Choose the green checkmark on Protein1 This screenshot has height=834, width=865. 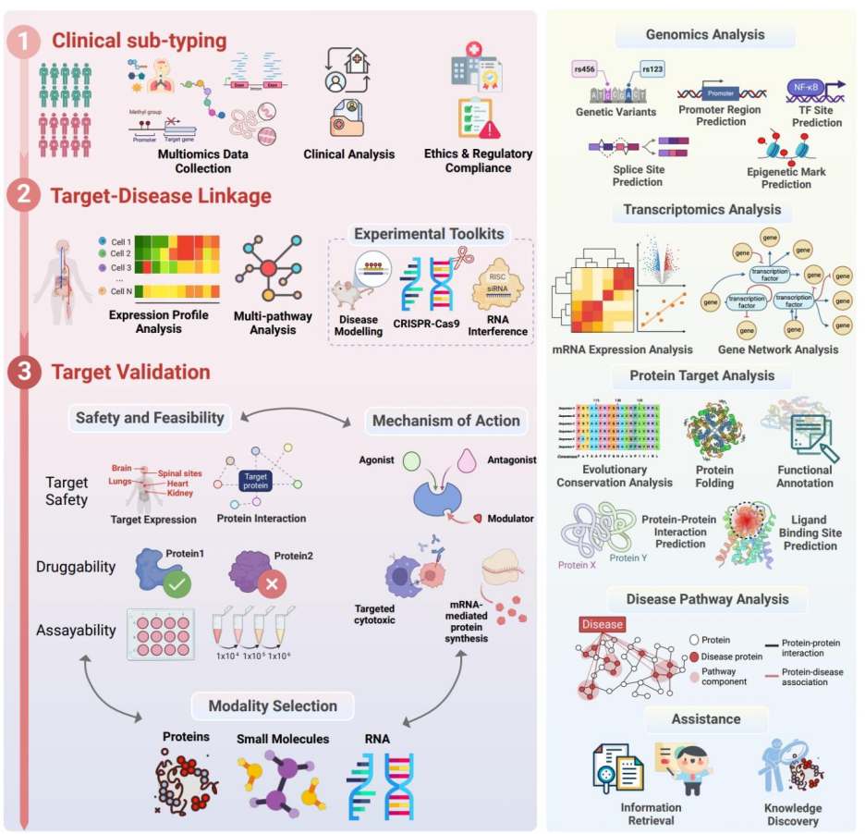[x=176, y=583]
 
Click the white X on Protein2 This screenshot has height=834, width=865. [x=270, y=584]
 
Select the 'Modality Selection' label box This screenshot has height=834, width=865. [x=274, y=706]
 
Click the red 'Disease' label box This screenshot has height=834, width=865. [x=602, y=624]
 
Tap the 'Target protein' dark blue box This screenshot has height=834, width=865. [x=254, y=479]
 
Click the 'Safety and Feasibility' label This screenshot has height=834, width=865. [x=149, y=418]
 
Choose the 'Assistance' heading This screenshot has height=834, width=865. [x=706, y=718]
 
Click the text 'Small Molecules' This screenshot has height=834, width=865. [x=283, y=740]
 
